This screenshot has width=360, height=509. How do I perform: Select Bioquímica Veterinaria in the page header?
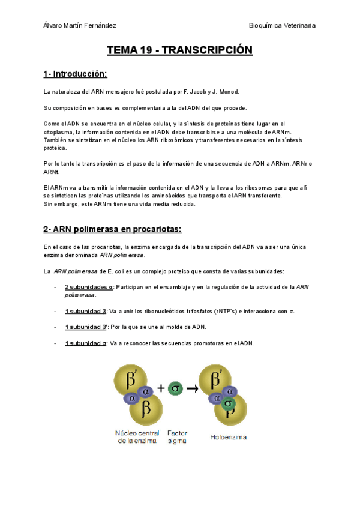[282, 25]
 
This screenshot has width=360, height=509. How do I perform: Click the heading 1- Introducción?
[75, 74]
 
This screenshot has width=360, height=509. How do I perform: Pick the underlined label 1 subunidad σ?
[86, 343]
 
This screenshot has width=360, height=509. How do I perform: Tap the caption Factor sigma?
[178, 436]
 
